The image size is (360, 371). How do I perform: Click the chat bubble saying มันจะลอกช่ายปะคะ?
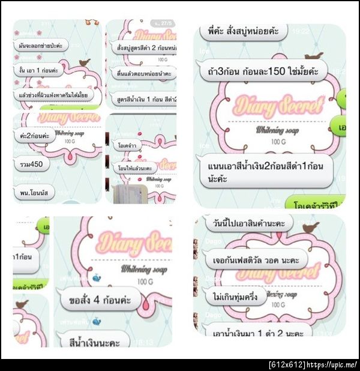point(41,46)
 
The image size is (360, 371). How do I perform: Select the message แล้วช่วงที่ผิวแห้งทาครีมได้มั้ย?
point(53,94)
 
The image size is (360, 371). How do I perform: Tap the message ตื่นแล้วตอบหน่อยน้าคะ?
point(142,74)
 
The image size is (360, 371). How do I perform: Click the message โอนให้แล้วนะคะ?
point(137,169)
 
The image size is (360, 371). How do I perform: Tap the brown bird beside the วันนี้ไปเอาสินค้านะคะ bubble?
point(310,227)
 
